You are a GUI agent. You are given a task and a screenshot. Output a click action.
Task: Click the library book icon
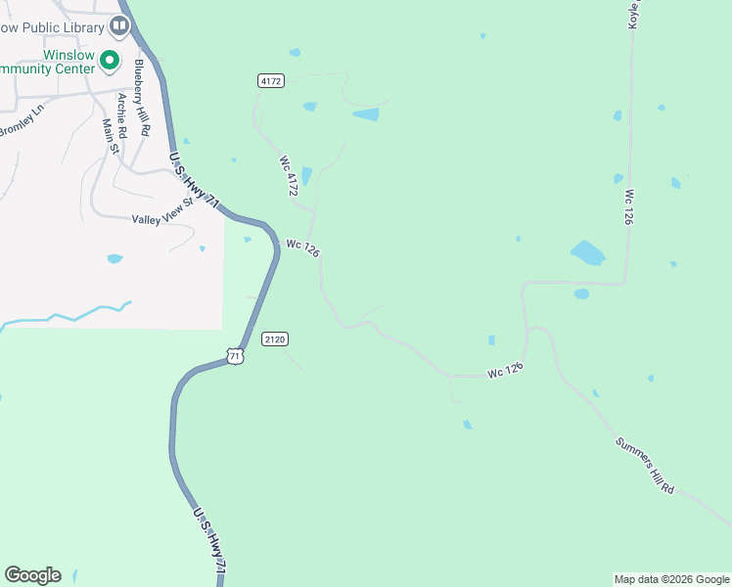coord(119,24)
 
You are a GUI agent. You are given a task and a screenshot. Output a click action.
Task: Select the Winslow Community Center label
coord(49,63)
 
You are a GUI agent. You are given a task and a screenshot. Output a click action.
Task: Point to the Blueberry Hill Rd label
coord(143,97)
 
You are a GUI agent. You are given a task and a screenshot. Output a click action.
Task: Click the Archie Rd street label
coord(122,114)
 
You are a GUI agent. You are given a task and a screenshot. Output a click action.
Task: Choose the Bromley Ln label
coord(22,121)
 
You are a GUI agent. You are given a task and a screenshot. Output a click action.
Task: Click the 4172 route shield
coord(272,81)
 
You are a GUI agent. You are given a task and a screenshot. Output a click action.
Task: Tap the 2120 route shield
coord(275,339)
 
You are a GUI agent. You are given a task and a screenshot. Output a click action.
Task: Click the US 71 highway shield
coord(234,356)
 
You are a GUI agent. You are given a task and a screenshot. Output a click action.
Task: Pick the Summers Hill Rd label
coord(645,464)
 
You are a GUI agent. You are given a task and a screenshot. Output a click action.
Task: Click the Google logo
coord(32,575)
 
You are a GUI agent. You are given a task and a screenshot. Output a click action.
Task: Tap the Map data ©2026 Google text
coord(671,579)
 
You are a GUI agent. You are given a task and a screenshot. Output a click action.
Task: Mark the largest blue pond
coord(588,252)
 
